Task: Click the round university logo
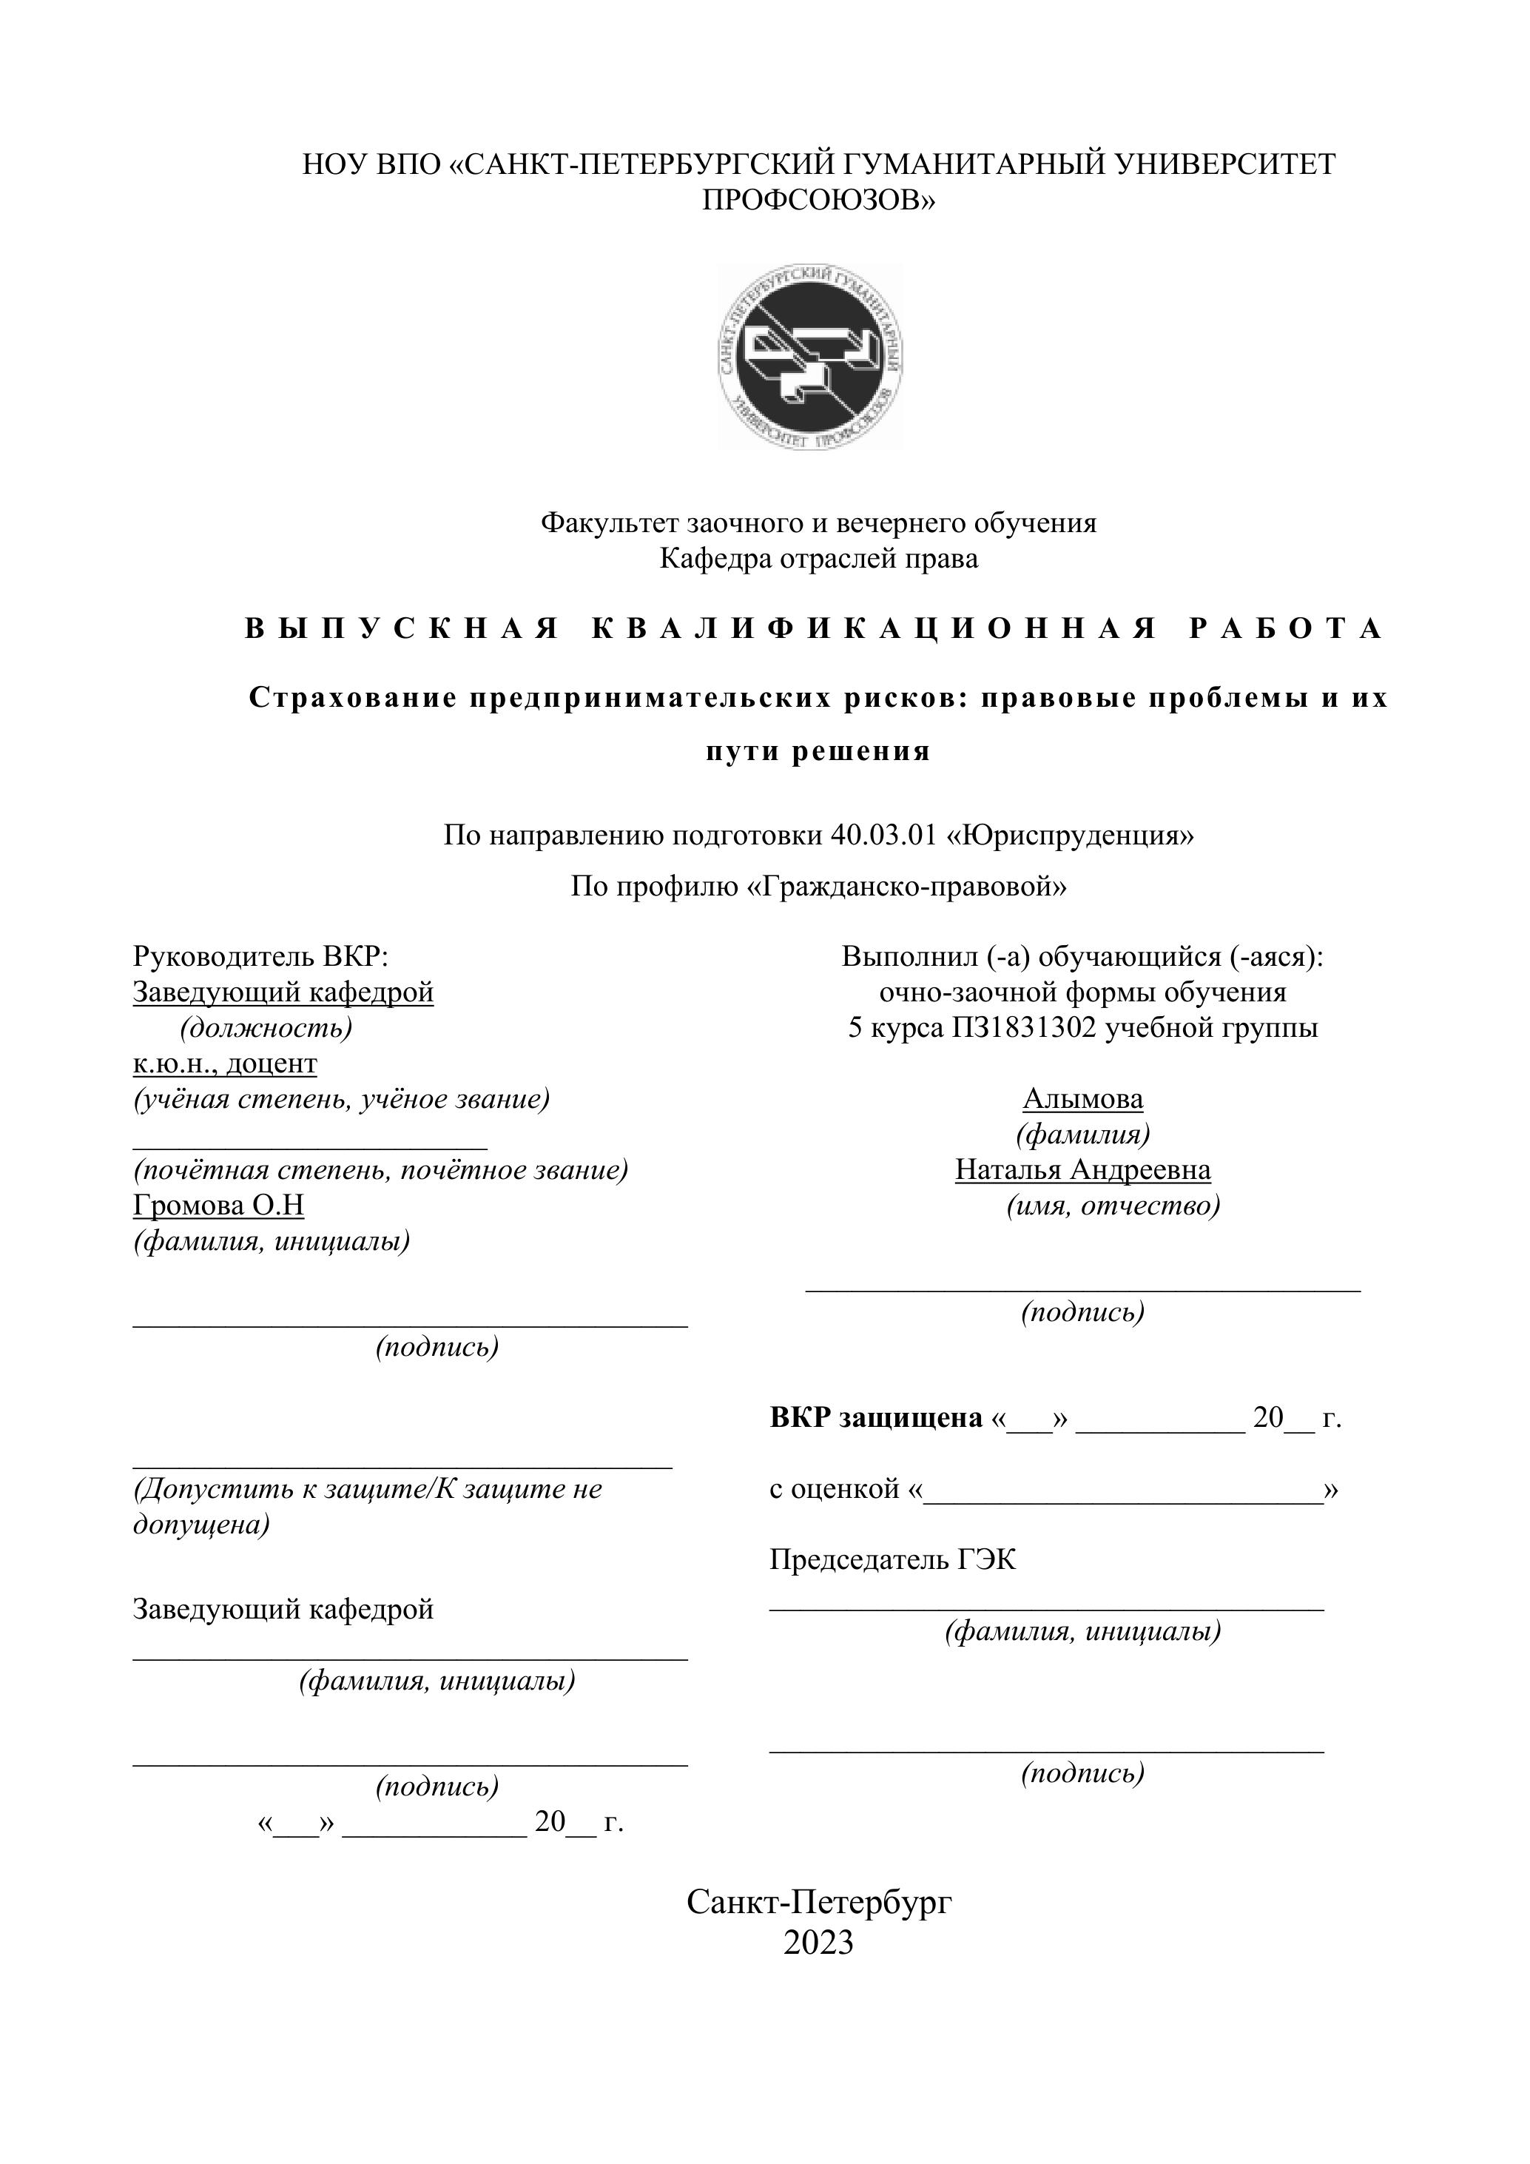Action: point(809,355)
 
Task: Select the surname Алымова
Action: point(1082,1099)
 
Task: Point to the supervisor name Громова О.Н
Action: point(218,1206)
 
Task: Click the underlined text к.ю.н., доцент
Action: point(225,1063)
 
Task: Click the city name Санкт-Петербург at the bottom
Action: point(819,1902)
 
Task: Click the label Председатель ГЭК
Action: point(892,1560)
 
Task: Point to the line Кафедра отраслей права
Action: point(819,559)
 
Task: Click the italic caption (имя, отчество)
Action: point(1113,1206)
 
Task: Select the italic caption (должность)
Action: point(266,1027)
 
